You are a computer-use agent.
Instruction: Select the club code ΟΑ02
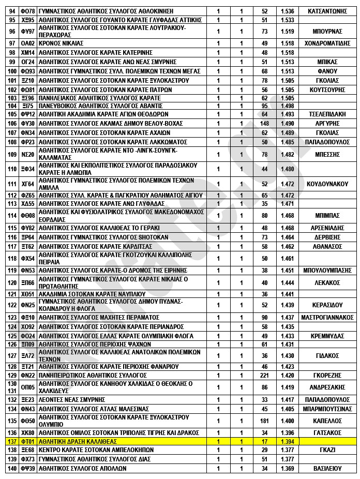[x=27, y=43]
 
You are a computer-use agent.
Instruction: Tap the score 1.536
[x=288, y=11]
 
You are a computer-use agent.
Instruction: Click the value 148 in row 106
[x=265, y=123]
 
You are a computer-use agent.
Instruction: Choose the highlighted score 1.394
[x=288, y=441]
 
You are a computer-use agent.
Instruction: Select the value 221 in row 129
[x=265, y=375]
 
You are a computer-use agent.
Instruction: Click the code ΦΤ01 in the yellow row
[x=27, y=441]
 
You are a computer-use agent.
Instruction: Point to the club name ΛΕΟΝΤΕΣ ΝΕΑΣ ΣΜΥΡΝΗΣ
[x=72, y=399]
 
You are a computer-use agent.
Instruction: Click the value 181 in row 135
[x=265, y=421]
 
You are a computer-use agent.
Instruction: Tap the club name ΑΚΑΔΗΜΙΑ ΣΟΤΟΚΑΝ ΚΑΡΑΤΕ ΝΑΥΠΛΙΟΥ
[x=86, y=294]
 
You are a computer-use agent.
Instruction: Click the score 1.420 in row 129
[x=288, y=375]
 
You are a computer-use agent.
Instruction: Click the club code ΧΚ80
[x=27, y=432]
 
